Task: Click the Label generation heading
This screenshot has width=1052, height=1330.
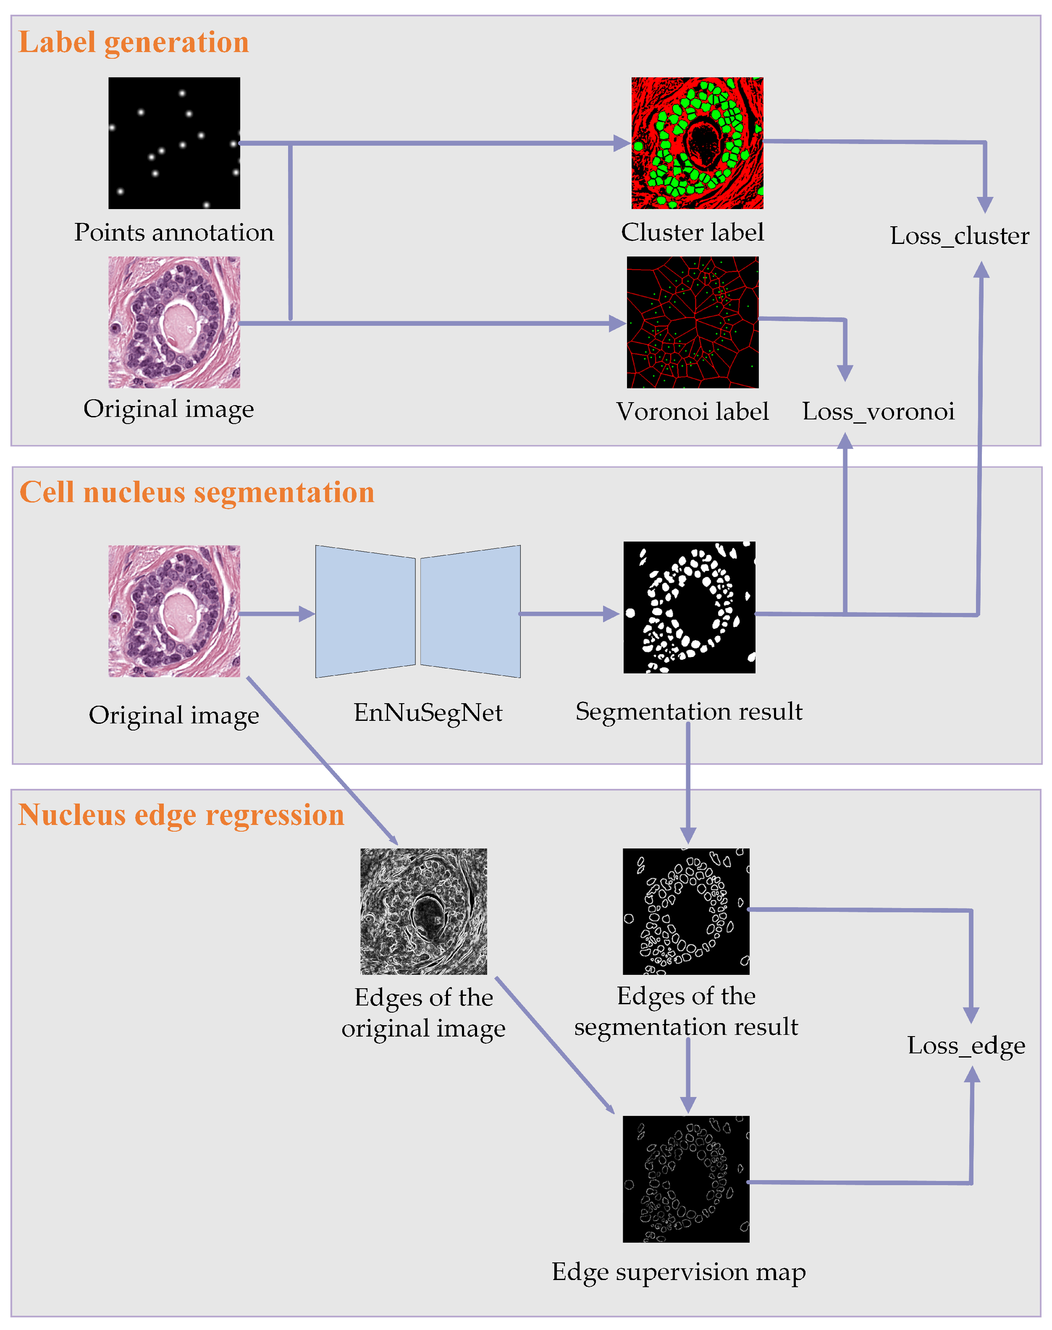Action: click(134, 42)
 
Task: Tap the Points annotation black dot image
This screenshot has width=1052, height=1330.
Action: click(174, 143)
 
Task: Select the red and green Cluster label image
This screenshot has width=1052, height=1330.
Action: click(697, 143)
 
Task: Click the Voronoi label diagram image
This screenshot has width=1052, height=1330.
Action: click(692, 322)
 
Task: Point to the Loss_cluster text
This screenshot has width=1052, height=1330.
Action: click(959, 236)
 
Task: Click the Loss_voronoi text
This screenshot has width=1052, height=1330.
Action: click(878, 411)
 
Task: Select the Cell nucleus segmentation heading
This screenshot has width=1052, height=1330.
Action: click(197, 492)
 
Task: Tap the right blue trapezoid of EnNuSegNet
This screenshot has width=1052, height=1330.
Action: click(471, 611)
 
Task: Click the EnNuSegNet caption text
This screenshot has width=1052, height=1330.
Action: click(428, 712)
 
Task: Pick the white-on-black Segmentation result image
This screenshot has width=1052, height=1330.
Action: click(689, 607)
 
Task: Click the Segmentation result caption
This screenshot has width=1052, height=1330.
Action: click(689, 711)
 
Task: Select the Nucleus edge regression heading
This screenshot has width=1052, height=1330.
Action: click(181, 814)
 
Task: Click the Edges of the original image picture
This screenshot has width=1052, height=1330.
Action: click(423, 911)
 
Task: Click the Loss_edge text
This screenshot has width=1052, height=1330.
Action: click(966, 1045)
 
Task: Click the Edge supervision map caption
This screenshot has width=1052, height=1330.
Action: click(678, 1272)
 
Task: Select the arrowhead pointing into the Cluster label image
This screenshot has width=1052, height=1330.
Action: click(622, 144)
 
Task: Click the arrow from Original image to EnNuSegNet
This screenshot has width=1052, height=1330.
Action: click(277, 614)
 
